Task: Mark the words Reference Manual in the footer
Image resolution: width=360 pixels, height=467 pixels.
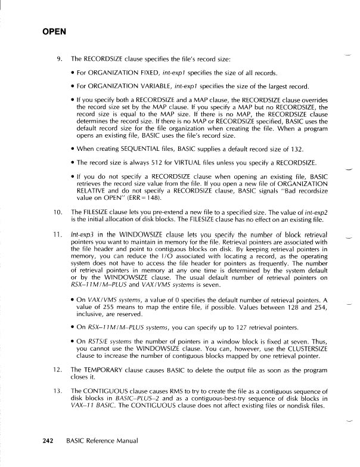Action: (113, 441)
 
